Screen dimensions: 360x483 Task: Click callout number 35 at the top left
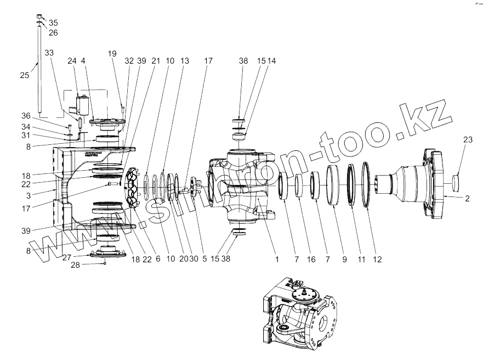tap(53, 22)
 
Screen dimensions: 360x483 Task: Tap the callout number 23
tap(467, 140)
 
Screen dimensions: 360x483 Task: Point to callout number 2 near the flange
tap(467, 199)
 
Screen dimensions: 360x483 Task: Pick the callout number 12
tap(377, 258)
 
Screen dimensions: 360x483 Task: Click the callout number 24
tap(72, 61)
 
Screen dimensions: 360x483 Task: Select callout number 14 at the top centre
tap(271, 61)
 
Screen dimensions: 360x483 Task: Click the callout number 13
tap(185, 61)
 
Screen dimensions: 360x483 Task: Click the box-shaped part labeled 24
tap(83, 104)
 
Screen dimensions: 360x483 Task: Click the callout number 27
tap(66, 257)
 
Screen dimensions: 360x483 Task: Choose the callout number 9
tap(345, 258)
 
